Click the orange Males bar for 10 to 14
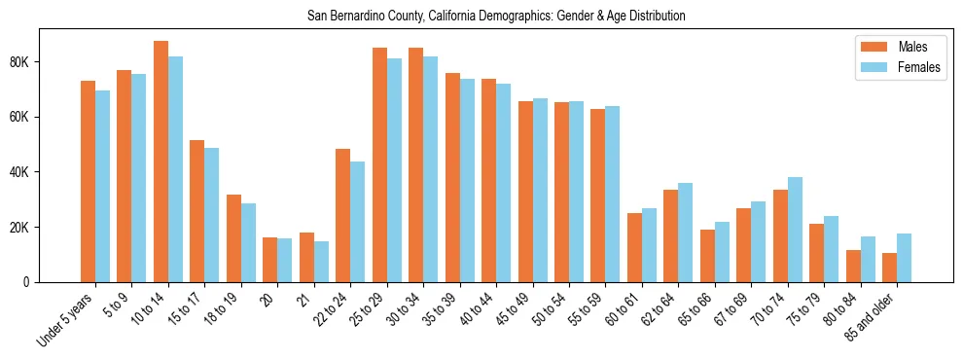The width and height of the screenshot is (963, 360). tap(160, 162)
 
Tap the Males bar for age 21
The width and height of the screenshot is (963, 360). tap(306, 257)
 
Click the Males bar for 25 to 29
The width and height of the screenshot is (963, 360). tap(379, 164)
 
